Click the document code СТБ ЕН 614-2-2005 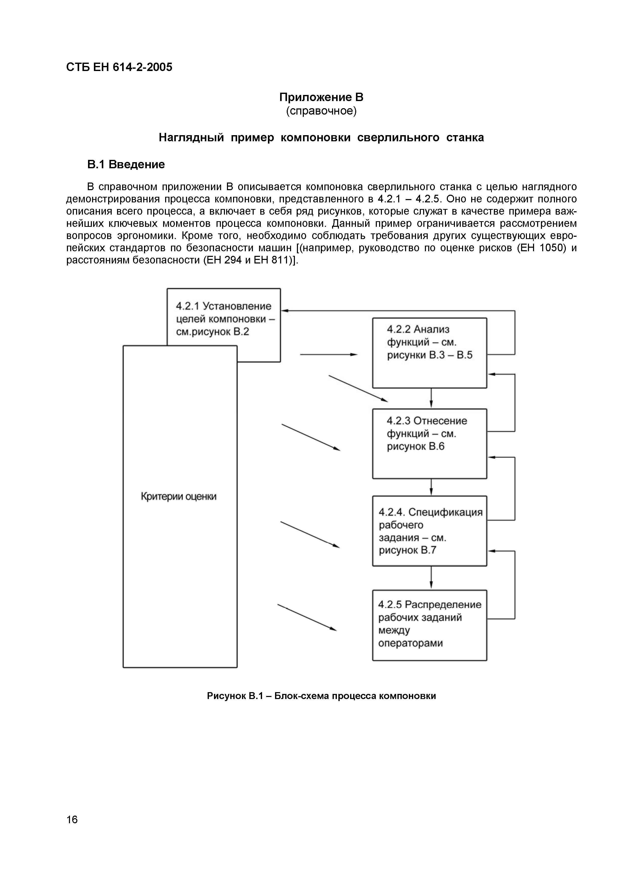click(x=119, y=67)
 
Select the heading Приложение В click(x=321, y=97)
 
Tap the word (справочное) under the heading click(x=321, y=111)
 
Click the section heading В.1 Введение click(x=126, y=164)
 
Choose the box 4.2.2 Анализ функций click(x=429, y=353)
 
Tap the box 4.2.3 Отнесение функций click(x=429, y=443)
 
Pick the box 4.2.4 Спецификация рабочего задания click(x=429, y=531)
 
